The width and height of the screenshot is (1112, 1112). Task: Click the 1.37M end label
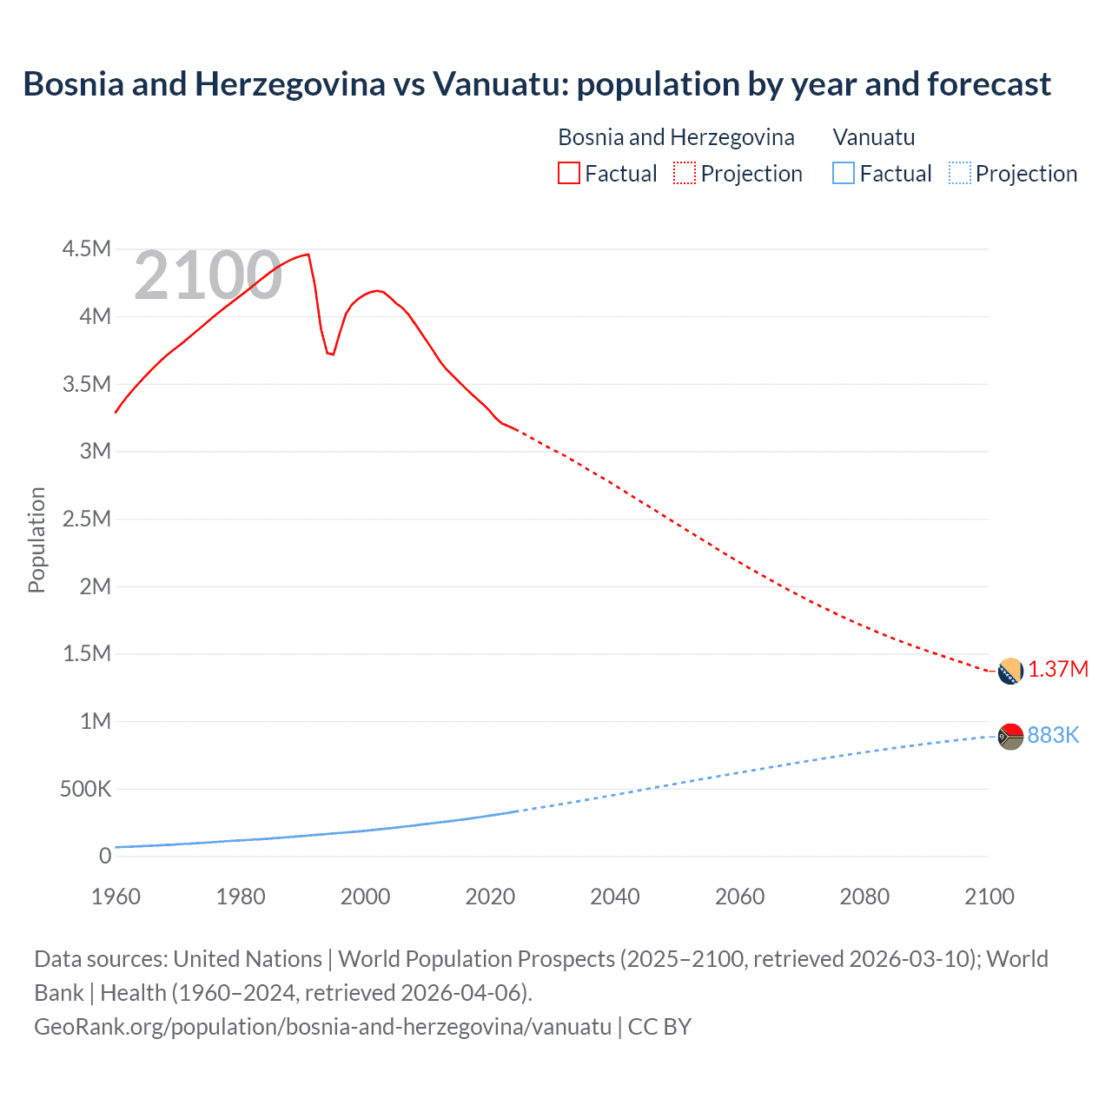[x=1057, y=669]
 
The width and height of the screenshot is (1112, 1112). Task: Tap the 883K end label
[x=1052, y=735]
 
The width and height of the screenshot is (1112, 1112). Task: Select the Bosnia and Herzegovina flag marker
[x=1010, y=671]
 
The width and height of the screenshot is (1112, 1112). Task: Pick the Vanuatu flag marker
[x=1010, y=736]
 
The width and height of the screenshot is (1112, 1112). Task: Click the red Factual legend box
[x=568, y=174]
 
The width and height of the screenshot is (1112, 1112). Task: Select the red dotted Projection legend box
[x=684, y=174]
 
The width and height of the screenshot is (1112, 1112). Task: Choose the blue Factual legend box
[x=843, y=174]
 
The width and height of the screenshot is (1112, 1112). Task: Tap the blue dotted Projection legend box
[x=959, y=174]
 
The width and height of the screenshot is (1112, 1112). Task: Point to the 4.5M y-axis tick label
[x=86, y=249]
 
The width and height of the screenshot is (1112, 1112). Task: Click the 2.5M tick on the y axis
[x=86, y=519]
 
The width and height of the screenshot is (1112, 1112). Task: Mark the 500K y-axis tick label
[x=85, y=789]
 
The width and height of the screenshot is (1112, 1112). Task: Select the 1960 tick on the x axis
[x=116, y=897]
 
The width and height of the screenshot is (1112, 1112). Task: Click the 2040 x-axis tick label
[x=614, y=897]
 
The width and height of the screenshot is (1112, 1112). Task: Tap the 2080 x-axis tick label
[x=864, y=897]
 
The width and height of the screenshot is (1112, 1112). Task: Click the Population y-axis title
[x=36, y=539]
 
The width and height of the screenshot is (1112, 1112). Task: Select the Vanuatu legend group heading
[x=873, y=137]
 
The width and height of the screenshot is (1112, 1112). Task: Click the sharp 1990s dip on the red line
[x=330, y=353]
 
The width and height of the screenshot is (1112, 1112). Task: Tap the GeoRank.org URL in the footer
[x=322, y=1026]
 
